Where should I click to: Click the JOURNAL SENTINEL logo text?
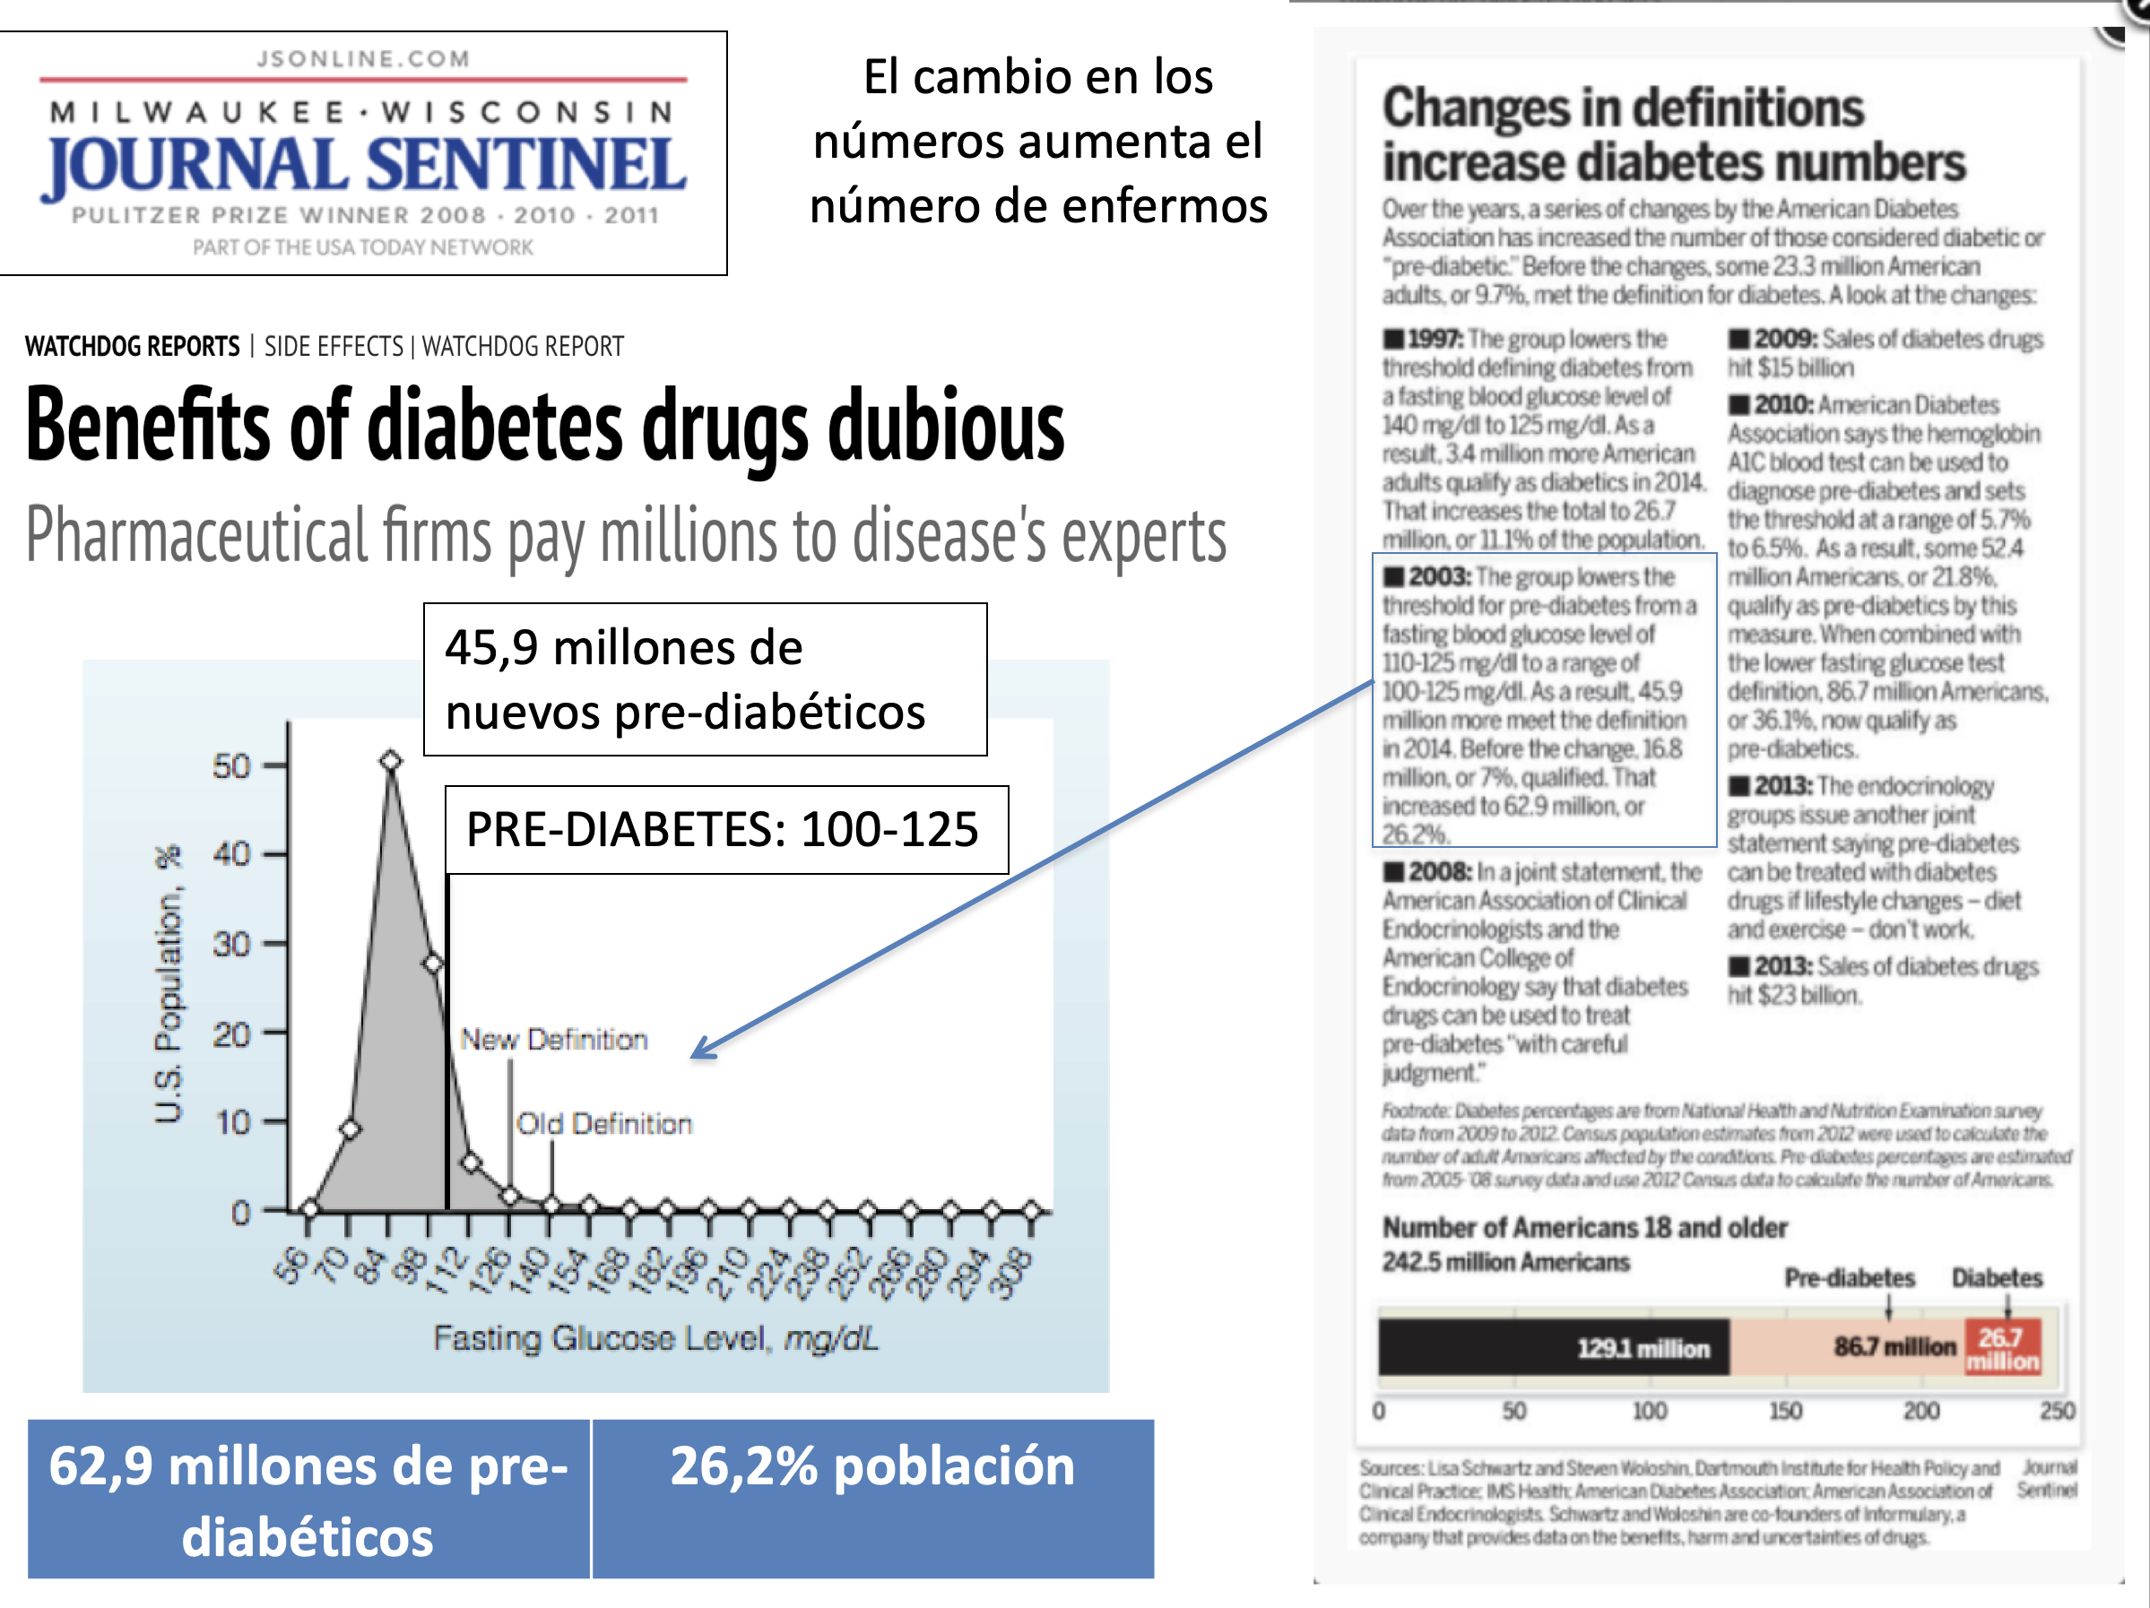(x=363, y=164)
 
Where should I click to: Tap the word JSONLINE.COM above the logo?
(x=363, y=59)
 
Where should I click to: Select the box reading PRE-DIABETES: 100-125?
(x=725, y=830)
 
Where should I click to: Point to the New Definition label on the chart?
(x=553, y=1040)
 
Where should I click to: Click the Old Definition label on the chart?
(x=603, y=1124)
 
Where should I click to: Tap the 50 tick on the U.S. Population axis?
(x=232, y=765)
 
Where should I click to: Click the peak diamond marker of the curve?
(x=391, y=761)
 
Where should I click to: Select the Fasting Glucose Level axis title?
(x=656, y=1339)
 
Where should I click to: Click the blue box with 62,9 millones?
(x=308, y=1500)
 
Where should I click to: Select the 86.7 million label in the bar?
(x=1894, y=1346)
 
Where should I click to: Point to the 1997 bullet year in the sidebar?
(x=1434, y=339)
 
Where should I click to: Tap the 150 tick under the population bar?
(x=1784, y=1411)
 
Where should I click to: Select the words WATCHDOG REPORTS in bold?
(x=132, y=347)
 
